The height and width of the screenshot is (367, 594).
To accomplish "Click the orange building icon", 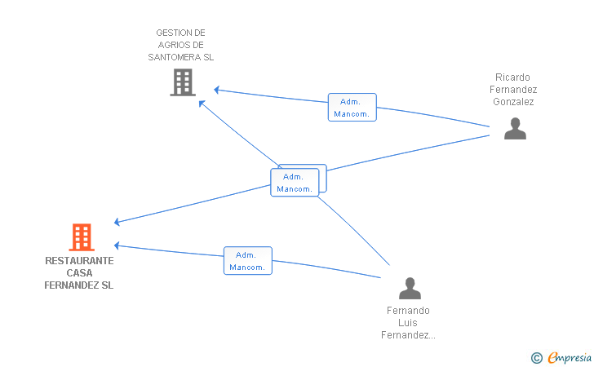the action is coord(82,237).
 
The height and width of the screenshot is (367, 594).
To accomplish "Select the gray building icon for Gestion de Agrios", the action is coord(183,82).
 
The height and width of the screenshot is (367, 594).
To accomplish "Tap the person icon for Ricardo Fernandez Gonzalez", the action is coord(515,129).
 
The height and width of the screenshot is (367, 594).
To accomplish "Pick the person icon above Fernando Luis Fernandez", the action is coord(410,288).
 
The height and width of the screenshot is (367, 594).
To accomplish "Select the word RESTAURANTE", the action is coord(79,261).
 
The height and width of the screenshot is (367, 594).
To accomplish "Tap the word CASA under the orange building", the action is coord(79,273).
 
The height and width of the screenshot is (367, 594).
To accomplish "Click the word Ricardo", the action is coord(512,77).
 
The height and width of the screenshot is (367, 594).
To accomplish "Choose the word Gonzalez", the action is coord(513,102).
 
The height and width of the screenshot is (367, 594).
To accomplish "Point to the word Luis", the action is coord(408,323).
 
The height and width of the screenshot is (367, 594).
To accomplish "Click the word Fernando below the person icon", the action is coord(408,311).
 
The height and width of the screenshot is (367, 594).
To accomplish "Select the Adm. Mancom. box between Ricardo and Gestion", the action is coord(352,107).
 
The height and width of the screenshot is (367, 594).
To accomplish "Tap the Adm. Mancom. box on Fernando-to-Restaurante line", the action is coord(248,261).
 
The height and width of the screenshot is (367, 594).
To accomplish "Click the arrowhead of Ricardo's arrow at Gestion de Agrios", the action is coord(217,91).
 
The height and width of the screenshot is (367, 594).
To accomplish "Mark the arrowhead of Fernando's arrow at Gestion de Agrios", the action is coord(202,104).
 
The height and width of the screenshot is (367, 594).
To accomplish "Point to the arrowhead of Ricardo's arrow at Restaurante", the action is coord(117,222).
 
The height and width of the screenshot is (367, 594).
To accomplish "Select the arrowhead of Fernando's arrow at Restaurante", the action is coord(117,245).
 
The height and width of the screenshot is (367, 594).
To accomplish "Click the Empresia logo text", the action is coord(570,357).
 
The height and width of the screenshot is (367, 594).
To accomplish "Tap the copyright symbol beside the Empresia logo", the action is coord(537,358).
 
